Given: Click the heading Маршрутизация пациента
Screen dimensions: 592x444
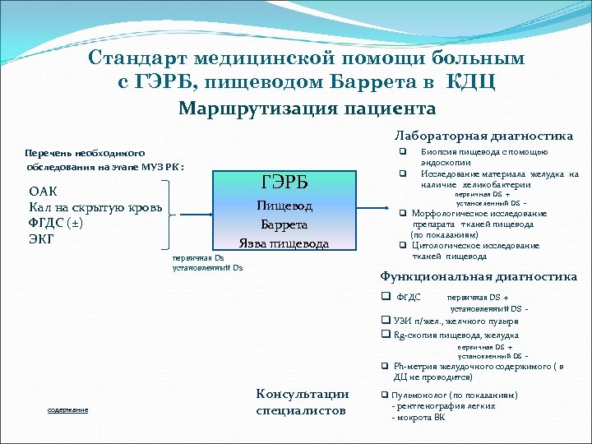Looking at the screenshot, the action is tap(308, 109).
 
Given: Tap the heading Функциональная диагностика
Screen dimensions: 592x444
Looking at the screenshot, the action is tap(479, 276).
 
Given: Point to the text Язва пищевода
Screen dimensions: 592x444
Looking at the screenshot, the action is tap(284, 243).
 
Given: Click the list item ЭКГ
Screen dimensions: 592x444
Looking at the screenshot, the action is tap(42, 238).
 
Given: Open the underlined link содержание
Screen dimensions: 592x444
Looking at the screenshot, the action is tap(67, 409).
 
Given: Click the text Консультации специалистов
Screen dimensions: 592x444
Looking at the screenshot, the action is tap(302, 402).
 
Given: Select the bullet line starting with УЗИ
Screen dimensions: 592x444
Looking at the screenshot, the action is tap(453, 321).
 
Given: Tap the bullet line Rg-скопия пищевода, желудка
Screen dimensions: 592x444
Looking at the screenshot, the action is tap(456, 335).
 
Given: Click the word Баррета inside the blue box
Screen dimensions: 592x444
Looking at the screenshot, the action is tap(284, 224).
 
